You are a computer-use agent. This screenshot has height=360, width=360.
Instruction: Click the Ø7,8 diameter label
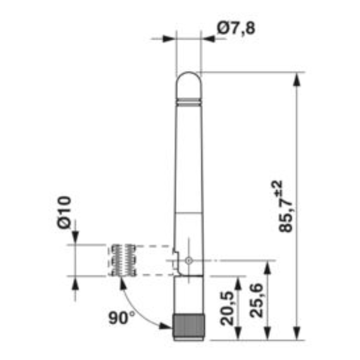pos(236,28)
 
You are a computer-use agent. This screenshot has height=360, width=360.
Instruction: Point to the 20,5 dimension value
pos(228,308)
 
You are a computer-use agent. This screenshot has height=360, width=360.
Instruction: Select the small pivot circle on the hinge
pos(189,261)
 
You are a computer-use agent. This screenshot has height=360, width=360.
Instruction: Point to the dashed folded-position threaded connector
pos(122,260)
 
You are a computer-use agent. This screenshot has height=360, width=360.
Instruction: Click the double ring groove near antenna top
pos(188,100)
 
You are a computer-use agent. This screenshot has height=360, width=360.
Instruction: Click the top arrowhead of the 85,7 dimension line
pos(297,77)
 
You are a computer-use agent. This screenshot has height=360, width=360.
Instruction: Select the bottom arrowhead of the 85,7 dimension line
pos(297,335)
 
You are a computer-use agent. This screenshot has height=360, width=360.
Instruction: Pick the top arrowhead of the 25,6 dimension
pos(268,266)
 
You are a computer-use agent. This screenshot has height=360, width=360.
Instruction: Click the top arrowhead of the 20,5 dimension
pos(238,281)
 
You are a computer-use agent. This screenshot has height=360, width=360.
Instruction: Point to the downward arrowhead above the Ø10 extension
pos(76,238)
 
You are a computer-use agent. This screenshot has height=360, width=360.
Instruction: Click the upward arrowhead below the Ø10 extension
pos(76,282)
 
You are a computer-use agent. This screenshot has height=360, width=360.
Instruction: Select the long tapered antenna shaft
pos(188,170)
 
